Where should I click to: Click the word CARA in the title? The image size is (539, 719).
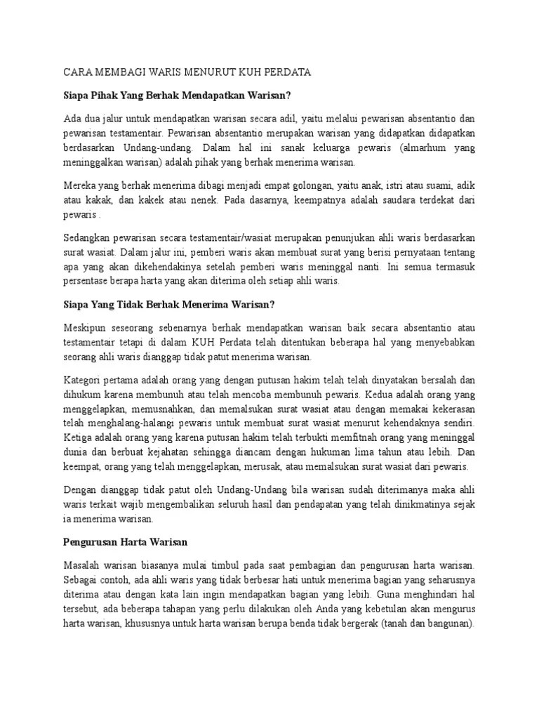[76, 72]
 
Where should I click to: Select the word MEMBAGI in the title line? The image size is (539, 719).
[118, 72]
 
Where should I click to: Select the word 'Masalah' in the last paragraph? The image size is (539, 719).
[84, 564]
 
